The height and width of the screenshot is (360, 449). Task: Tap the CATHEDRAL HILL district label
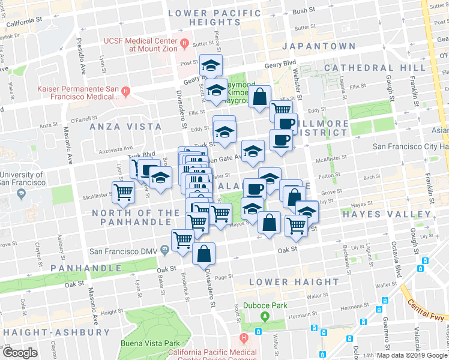(x=367, y=68)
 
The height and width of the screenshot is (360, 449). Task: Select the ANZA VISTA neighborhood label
(x=125, y=127)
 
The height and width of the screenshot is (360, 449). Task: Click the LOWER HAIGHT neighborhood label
(x=294, y=282)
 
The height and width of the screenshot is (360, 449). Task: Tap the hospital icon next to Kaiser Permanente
(x=125, y=92)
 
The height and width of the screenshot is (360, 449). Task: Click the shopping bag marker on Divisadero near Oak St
(x=203, y=254)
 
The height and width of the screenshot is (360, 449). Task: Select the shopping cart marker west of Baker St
(x=124, y=193)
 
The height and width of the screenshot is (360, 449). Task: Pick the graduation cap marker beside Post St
(x=211, y=65)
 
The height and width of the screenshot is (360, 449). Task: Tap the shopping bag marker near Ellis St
(x=259, y=98)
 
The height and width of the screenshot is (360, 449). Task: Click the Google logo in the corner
(x=20, y=352)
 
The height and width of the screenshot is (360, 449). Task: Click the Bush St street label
(x=304, y=11)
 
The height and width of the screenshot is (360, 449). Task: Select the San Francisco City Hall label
(x=410, y=146)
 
